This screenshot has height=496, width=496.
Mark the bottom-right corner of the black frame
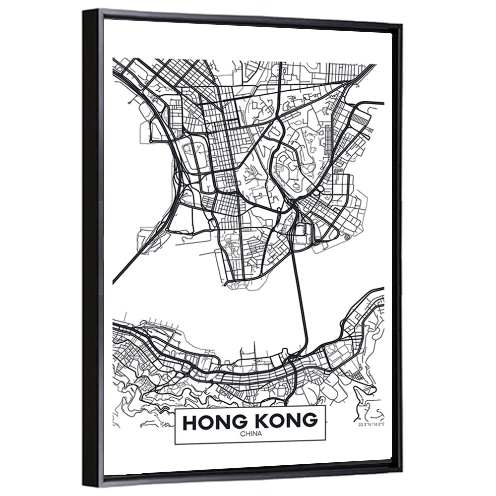tap(401, 469)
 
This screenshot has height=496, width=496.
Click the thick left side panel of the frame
tap(91, 248)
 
